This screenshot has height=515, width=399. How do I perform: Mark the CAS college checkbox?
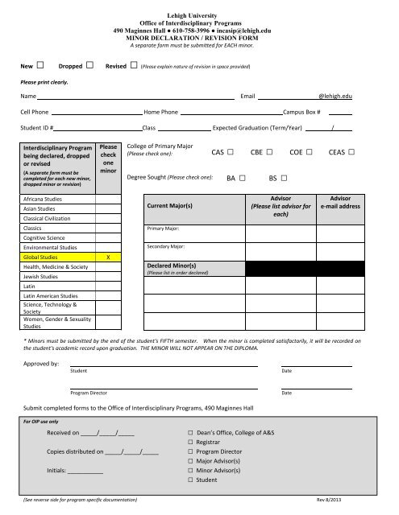(x=231, y=151)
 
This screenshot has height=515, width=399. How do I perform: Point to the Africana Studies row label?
(x=44, y=196)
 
